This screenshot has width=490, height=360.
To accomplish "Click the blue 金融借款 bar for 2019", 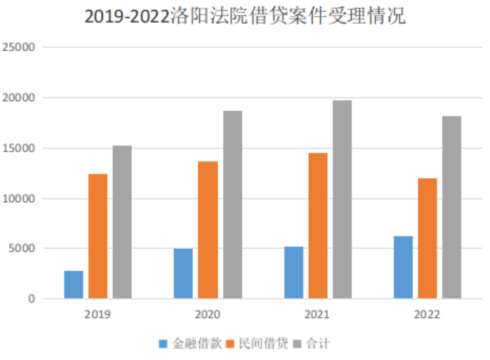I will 74,284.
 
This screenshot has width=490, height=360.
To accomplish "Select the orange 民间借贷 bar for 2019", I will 98,236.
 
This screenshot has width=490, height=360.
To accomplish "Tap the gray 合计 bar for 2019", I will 122,222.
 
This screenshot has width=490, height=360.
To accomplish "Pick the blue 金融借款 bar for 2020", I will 183,274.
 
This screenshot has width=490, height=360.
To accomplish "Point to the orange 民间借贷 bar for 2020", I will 208,229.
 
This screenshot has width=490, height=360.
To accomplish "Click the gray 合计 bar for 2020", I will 232,204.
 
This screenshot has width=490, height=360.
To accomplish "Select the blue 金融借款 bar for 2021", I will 293,272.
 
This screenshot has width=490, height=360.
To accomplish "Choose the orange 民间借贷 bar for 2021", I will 317,225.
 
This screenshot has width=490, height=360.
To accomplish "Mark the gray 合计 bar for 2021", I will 342,199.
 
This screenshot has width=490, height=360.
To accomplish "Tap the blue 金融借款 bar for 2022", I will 403,267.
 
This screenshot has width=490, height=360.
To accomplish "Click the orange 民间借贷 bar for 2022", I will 428,238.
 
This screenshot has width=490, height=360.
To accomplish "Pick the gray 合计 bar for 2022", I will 451,207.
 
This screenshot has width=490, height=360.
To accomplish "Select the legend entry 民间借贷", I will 257,343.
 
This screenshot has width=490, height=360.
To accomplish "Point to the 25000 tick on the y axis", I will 20,48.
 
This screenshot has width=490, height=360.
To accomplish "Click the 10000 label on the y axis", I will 20,199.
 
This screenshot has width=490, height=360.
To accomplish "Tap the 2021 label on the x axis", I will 317,314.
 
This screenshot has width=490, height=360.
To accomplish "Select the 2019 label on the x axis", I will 98,314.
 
